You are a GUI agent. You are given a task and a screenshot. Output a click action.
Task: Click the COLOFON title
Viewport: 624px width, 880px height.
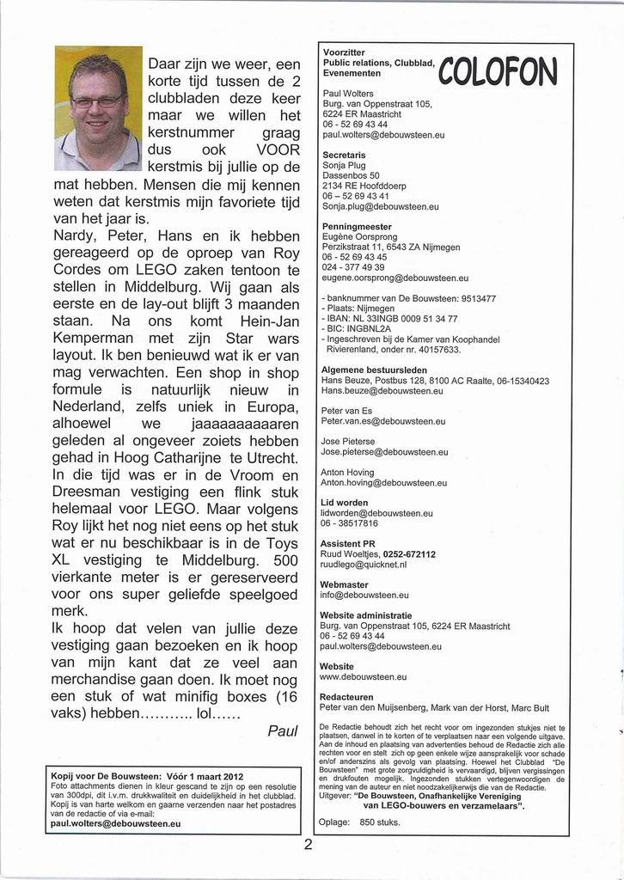pyautogui.click(x=498, y=71)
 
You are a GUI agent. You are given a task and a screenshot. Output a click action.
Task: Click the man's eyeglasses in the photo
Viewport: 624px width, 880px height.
pyautogui.click(x=96, y=101)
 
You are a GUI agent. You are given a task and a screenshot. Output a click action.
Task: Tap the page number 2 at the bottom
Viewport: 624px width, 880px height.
pyautogui.click(x=307, y=844)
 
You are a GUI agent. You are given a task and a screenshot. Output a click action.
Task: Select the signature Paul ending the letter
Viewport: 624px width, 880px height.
pyautogui.click(x=282, y=730)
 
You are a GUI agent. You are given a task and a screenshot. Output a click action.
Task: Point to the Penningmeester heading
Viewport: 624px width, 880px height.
pyautogui.click(x=356, y=227)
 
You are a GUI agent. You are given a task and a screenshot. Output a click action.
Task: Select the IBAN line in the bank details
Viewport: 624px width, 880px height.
pyautogui.click(x=389, y=318)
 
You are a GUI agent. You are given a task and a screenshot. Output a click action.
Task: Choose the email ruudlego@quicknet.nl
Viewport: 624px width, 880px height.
pyautogui.click(x=363, y=565)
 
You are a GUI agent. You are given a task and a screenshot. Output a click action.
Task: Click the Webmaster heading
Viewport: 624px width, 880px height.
pyautogui.click(x=344, y=584)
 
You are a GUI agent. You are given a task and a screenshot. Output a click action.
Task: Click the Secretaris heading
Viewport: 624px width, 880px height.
pyautogui.click(x=343, y=155)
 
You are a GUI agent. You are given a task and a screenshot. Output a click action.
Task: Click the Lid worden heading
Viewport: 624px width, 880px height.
pyautogui.click(x=344, y=503)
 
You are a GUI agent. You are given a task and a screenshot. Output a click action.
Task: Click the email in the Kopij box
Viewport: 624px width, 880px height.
pyautogui.click(x=115, y=822)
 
